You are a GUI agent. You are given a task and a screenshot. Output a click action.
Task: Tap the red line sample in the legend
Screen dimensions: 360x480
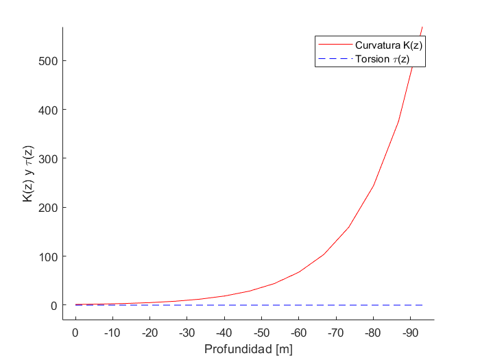(x=335, y=45)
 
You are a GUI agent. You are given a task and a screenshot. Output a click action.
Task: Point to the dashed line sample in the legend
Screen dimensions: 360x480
(x=335, y=59)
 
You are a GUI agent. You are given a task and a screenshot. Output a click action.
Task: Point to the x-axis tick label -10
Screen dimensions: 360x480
(x=112, y=333)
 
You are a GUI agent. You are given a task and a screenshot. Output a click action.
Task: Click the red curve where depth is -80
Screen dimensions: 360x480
(x=373, y=185)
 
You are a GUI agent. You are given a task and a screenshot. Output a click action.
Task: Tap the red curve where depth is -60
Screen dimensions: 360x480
(x=298, y=272)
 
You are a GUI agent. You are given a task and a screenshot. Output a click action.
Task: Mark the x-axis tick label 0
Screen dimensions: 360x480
(x=75, y=333)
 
